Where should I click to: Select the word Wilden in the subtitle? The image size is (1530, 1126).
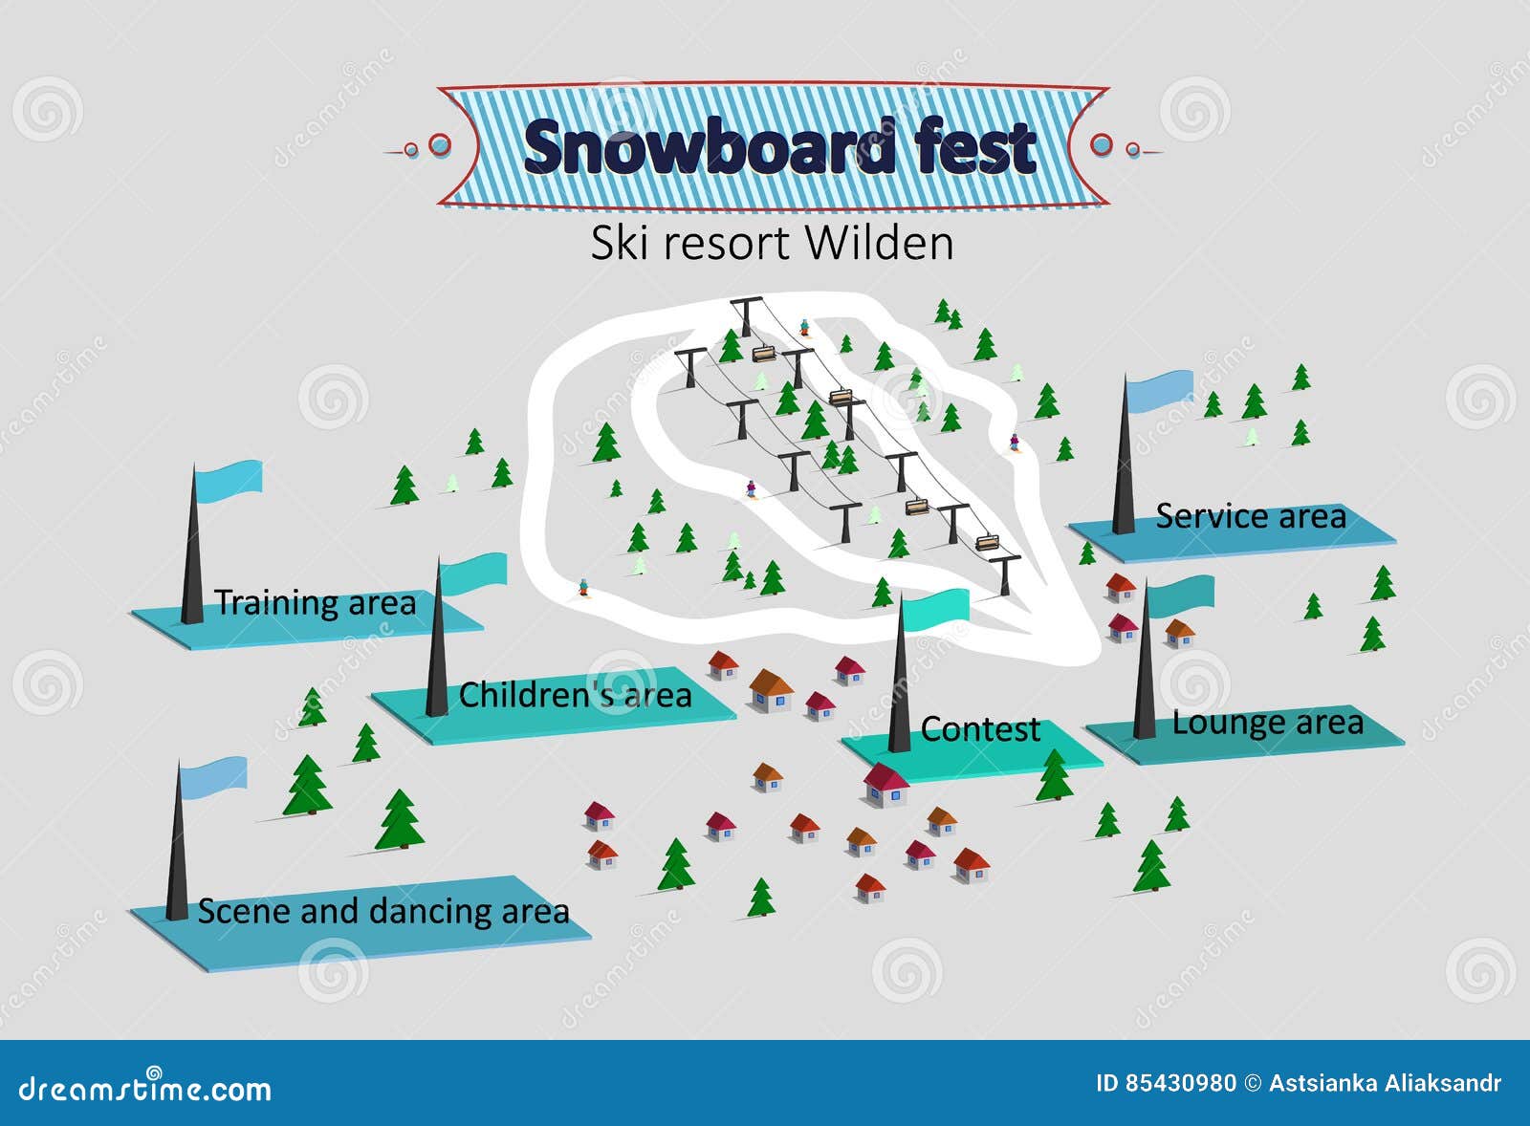pyautogui.click(x=879, y=243)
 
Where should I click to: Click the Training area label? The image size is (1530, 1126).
pyautogui.click(x=315, y=603)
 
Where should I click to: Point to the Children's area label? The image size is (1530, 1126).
pyautogui.click(x=575, y=695)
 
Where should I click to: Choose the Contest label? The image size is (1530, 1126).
pyautogui.click(x=979, y=729)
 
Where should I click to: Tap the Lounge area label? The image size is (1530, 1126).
pyautogui.click(x=1267, y=723)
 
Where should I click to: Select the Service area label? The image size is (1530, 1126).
pyautogui.click(x=1250, y=516)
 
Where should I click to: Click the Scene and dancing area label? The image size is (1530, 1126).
pyautogui.click(x=382, y=911)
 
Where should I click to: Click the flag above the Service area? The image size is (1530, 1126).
pyautogui.click(x=1160, y=390)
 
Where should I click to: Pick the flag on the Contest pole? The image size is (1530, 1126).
pyautogui.click(x=936, y=610)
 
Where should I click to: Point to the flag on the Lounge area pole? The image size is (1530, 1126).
pyautogui.click(x=1181, y=595)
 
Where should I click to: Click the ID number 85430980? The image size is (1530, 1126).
pyautogui.click(x=1180, y=1083)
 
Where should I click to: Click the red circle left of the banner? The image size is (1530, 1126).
pyautogui.click(x=439, y=145)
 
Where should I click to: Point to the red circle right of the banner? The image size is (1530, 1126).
pyautogui.click(x=1102, y=145)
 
